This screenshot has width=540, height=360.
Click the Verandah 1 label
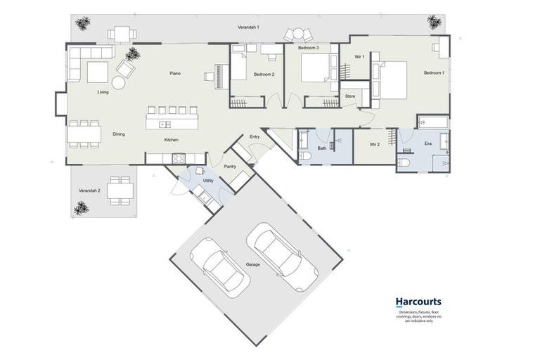tap(248, 27)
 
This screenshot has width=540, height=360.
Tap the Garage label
tap(253, 264)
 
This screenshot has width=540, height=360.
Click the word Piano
tap(176, 73)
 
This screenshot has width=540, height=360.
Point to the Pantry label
tap(229, 167)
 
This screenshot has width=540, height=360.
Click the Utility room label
tap(208, 181)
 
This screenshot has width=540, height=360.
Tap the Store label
tap(350, 96)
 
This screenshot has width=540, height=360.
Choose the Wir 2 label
tap(375, 146)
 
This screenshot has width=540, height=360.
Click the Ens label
tap(427, 144)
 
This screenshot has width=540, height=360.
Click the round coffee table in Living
tap(118, 83)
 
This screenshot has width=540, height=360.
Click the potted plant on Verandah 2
tap(82, 207)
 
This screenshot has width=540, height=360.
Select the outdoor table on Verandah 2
tap(120, 191)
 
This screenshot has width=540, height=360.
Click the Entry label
tap(255, 137)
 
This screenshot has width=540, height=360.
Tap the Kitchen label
tap(172, 140)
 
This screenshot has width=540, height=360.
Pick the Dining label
tap(119, 134)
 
